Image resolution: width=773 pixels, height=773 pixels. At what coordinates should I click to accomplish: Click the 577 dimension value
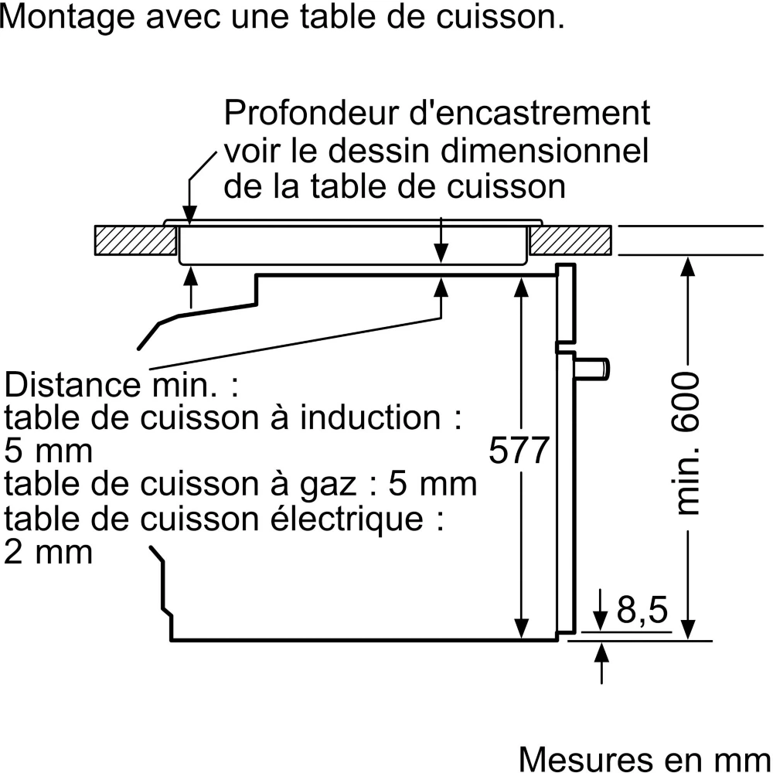point(519,451)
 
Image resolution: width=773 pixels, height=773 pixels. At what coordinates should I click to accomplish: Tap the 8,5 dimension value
point(642,611)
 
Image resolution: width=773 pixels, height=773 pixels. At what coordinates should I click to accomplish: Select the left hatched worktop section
point(133,240)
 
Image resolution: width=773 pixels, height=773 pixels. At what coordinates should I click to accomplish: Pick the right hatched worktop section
point(570,240)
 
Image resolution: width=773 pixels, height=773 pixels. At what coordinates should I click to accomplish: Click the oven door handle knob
point(597,369)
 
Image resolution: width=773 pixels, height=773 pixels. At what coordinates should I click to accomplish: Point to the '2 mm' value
point(48,552)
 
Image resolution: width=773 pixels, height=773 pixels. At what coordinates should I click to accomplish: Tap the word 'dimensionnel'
point(541,151)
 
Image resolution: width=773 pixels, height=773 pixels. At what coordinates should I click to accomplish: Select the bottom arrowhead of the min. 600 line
point(690,631)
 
